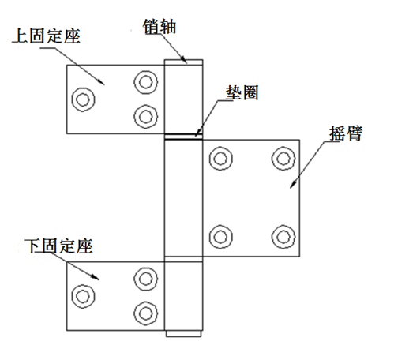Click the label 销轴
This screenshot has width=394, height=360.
[x=159, y=26]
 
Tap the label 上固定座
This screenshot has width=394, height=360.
[x=47, y=36]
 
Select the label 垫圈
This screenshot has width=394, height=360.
[x=242, y=92]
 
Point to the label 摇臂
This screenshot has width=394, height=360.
[x=346, y=133]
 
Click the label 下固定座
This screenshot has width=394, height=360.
[x=58, y=246]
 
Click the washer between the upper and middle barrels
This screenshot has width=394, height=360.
[x=183, y=137]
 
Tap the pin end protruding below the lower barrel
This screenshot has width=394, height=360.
[x=184, y=333]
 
